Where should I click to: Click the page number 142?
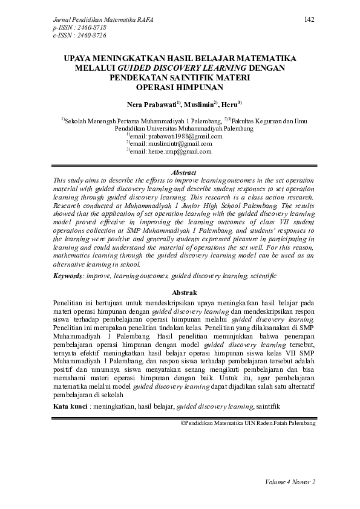coord(309,20)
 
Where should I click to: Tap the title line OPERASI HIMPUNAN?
coord(180,86)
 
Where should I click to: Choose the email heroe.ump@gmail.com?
coord(175,152)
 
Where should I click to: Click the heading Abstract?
coord(180,172)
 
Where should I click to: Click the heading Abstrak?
coord(180,292)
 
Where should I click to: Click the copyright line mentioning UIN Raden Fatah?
coord(248,423)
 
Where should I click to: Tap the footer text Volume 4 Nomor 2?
coord(290,482)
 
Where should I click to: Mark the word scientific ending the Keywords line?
coord(262,276)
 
